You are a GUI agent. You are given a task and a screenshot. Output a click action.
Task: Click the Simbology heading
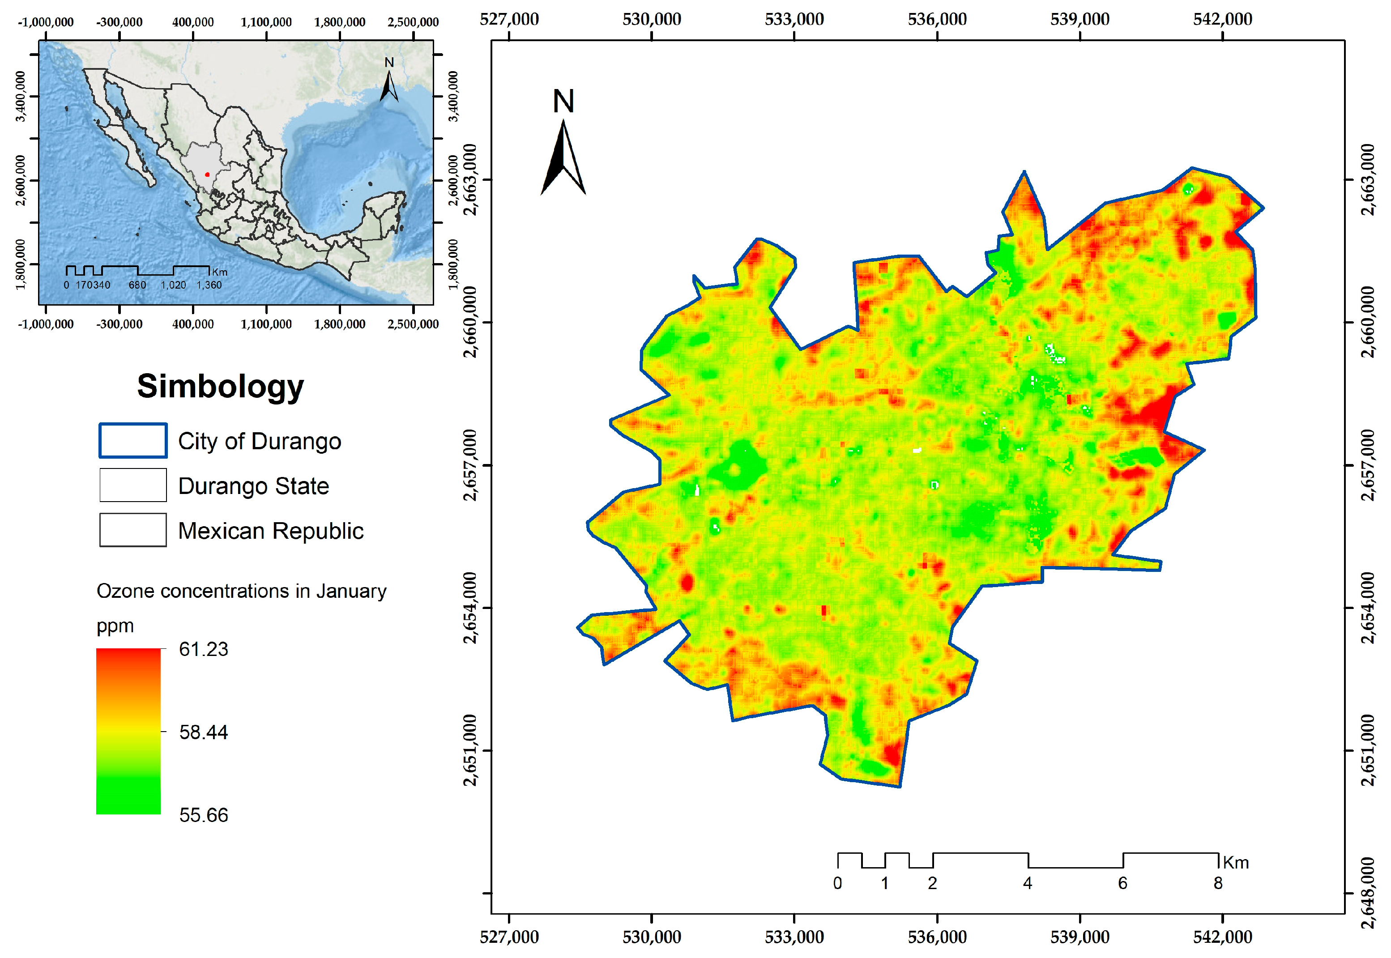(x=220, y=386)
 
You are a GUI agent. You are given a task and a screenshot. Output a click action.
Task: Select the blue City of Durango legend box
(x=132, y=441)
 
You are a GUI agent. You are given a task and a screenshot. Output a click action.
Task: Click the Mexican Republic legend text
(x=271, y=531)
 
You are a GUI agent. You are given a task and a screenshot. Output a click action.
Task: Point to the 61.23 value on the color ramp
(x=204, y=649)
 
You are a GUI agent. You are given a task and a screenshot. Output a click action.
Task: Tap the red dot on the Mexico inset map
(x=207, y=175)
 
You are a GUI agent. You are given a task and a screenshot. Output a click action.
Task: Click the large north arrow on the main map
(x=563, y=156)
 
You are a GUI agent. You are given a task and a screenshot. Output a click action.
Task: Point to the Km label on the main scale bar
(x=1236, y=863)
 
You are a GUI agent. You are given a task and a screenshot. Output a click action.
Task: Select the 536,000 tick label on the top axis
(x=937, y=19)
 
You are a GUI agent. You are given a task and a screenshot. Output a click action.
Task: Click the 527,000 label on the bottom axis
(x=509, y=937)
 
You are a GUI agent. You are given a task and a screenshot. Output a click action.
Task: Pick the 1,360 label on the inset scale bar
(x=209, y=285)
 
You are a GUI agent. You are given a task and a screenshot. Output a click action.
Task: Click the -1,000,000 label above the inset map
(x=46, y=22)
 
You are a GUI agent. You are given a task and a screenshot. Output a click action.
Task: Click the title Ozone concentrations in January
(x=241, y=591)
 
